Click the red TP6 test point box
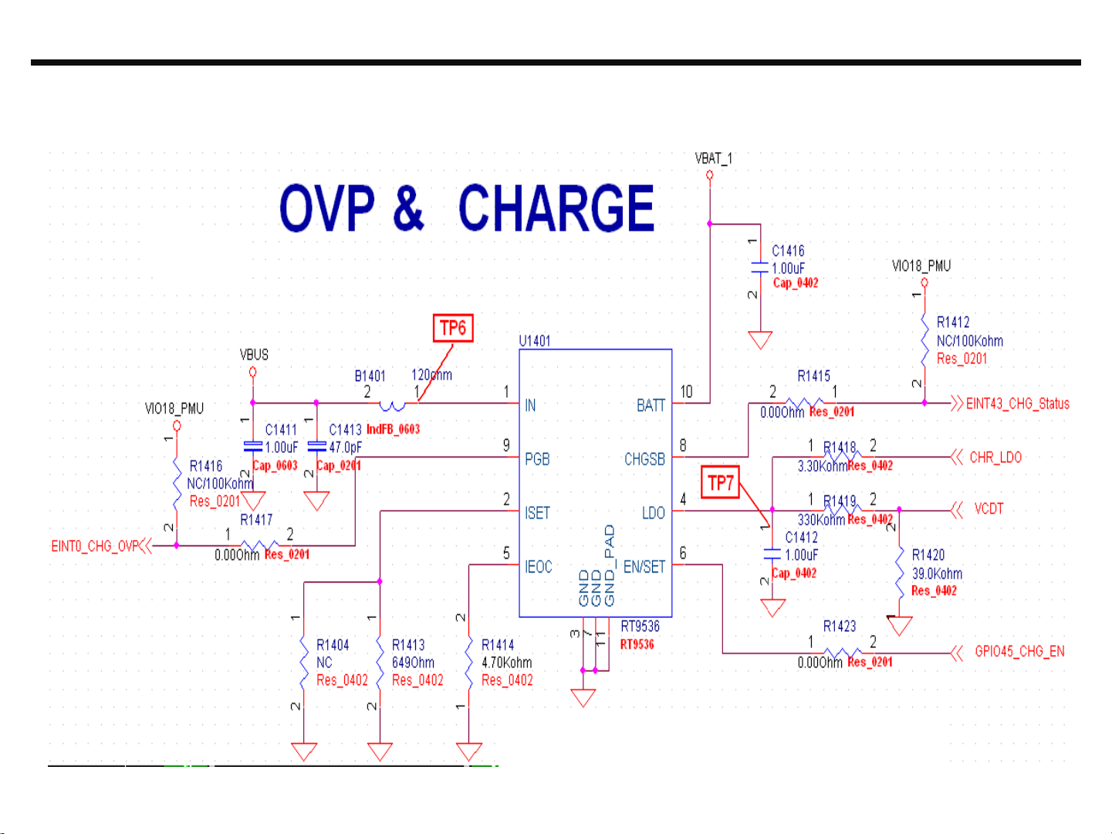tap(453, 329)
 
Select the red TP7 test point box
tap(720, 483)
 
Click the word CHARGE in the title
tap(556, 208)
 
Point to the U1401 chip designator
tap(535, 341)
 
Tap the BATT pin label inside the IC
tap(651, 406)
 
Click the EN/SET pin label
tap(644, 567)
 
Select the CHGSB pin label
tap(644, 460)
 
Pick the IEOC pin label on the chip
tap(539, 567)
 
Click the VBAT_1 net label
tap(714, 158)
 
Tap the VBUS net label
tap(254, 355)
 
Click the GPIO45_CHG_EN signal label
tap(1019, 652)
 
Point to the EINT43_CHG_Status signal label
tap(1018, 403)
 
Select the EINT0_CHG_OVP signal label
tap(95, 547)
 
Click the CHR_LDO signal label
tap(995, 458)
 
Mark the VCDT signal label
tap(989, 509)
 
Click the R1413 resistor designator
tap(408, 645)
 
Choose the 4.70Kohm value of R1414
tap(506, 663)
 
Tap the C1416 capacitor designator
tap(788, 251)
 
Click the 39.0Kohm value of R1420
tap(937, 574)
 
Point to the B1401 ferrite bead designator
tap(370, 376)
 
